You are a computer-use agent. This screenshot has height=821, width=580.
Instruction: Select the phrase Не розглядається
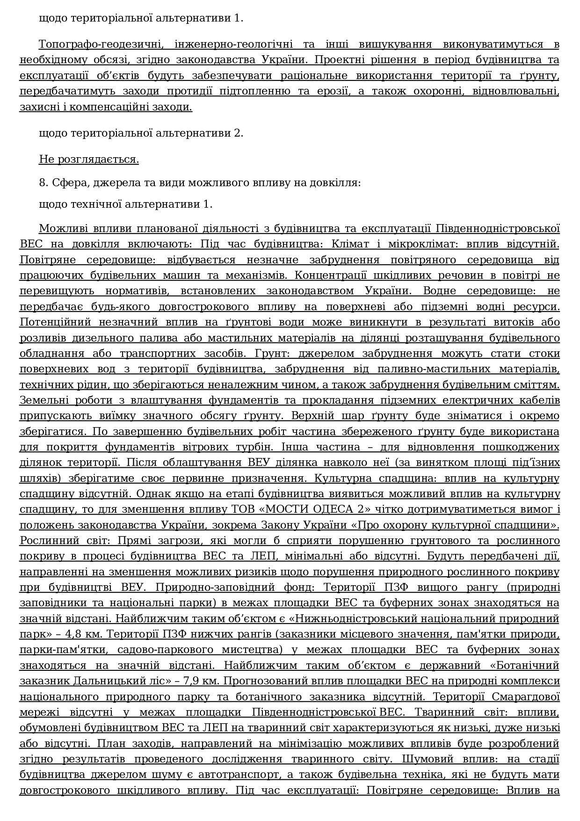coord(89,160)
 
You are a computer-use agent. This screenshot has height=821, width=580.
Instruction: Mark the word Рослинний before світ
coord(44,541)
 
